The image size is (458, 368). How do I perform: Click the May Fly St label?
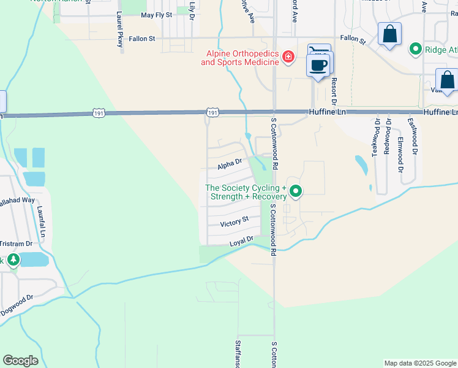pyautogui.click(x=156, y=15)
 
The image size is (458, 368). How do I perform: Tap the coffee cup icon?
pyautogui.click(x=318, y=66)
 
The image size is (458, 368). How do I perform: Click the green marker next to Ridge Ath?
pyautogui.click(x=416, y=48)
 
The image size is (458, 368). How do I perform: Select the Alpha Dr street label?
pyautogui.click(x=230, y=164)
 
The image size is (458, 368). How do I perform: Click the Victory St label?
pyautogui.click(x=235, y=220)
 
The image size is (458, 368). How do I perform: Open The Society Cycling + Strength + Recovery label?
pyautogui.click(x=246, y=192)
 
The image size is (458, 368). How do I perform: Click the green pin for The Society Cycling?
pyautogui.click(x=296, y=192)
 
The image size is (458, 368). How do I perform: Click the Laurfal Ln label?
pyautogui.click(x=41, y=221)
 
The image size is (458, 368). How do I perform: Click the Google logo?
pyautogui.click(x=20, y=361)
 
